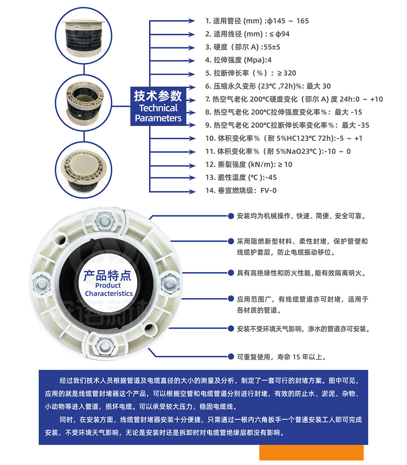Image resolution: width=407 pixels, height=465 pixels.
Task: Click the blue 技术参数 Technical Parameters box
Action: click(x=158, y=106)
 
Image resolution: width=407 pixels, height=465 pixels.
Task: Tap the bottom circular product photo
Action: click(x=84, y=170)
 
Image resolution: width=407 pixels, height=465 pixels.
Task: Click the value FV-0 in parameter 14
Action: click(x=269, y=190)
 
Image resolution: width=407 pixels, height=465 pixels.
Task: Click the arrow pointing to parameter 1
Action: click(x=172, y=21)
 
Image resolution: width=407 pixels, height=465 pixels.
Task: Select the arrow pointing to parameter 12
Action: click(x=172, y=165)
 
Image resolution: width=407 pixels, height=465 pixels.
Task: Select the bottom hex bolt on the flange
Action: click(x=105, y=346)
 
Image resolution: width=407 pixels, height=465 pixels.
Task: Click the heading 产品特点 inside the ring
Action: click(x=107, y=275)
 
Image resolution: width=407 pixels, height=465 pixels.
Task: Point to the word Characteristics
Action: click(x=109, y=293)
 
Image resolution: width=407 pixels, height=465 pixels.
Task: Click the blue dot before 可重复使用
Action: click(x=231, y=356)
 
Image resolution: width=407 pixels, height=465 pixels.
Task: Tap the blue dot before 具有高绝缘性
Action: click(x=231, y=273)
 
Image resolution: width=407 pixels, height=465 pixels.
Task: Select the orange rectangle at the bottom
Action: click(x=311, y=452)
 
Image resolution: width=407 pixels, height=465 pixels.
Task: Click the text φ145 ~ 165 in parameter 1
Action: click(x=288, y=21)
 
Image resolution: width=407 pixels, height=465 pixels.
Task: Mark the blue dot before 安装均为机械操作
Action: click(x=231, y=216)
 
